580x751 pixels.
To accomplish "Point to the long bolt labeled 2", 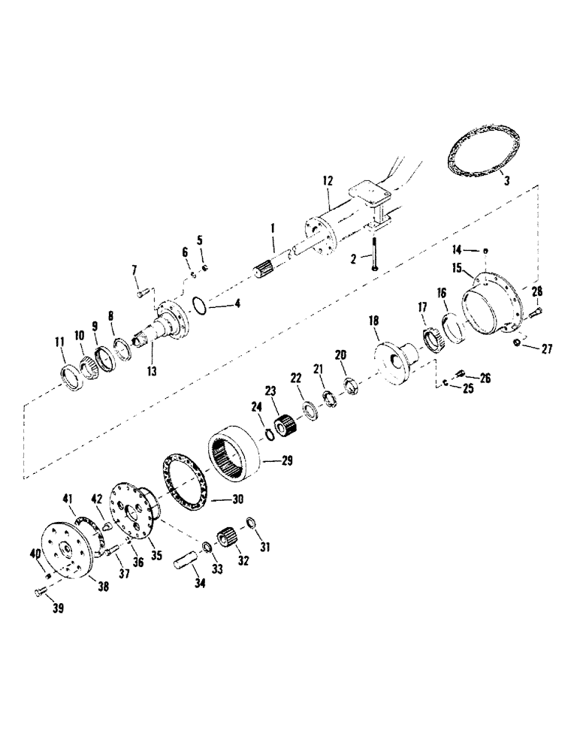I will [x=373, y=252].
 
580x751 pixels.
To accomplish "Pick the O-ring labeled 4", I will [x=198, y=306].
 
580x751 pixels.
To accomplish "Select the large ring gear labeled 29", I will [x=236, y=450].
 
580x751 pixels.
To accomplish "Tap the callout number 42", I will [x=95, y=498].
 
